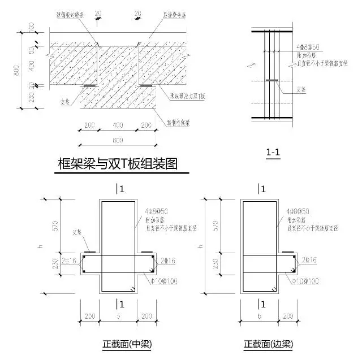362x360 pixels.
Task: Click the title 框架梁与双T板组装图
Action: (x=118, y=164)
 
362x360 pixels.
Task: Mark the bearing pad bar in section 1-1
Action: (x=271, y=80)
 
